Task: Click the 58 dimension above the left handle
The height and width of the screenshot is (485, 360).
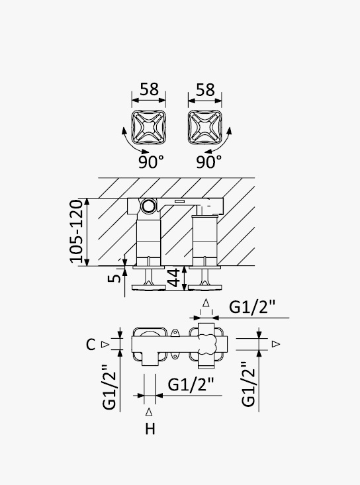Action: [149, 89]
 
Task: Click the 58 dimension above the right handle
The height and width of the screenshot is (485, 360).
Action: [205, 90]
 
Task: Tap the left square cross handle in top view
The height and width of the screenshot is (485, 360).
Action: [148, 128]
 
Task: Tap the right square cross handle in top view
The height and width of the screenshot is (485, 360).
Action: [204, 128]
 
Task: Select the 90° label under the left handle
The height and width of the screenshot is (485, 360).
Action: [151, 161]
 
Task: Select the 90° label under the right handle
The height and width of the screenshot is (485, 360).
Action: [209, 161]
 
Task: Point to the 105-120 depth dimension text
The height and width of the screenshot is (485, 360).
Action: [76, 232]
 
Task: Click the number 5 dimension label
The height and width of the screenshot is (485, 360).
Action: [114, 278]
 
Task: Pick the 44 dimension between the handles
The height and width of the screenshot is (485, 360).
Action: [173, 278]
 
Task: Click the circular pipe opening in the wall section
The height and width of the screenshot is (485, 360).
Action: [149, 206]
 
